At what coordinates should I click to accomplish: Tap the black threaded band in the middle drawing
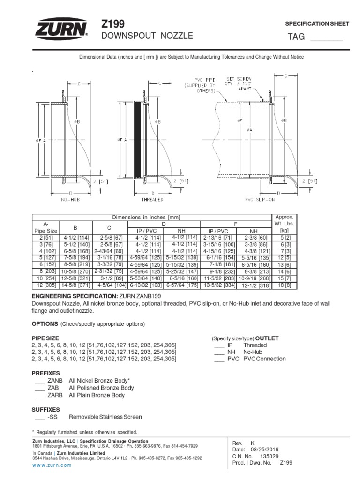point(137,141)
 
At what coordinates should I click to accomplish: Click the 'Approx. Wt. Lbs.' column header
point(283,224)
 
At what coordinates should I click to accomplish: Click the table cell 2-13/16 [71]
point(218,239)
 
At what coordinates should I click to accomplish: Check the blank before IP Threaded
point(219,345)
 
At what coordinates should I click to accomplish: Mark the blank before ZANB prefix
point(39,381)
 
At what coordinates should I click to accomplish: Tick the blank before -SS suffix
point(39,417)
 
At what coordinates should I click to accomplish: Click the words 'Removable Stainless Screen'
point(105,417)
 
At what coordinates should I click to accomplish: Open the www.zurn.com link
point(52,465)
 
